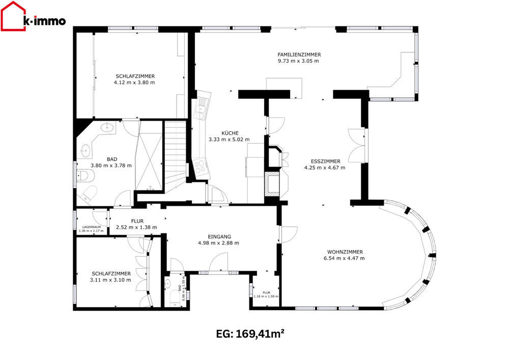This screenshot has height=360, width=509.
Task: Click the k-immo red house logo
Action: tap(13, 16)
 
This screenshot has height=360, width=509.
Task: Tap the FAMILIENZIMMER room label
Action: tap(299, 54)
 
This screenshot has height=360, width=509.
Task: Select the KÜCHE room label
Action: tap(230, 133)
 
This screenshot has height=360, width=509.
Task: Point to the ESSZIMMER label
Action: tap(326, 161)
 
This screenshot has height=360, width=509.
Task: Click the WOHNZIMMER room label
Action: tap(345, 252)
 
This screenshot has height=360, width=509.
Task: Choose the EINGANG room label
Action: tap(219, 237)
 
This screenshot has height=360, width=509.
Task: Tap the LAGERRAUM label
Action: tap(92, 227)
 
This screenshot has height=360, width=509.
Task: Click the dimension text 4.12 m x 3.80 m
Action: tap(134, 82)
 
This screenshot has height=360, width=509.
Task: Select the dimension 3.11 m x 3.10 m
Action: tap(110, 280)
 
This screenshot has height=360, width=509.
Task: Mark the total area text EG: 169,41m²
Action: tap(250, 334)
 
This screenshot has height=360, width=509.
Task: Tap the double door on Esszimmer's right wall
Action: tap(357, 146)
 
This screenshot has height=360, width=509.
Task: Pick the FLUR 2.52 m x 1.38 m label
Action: tap(136, 225)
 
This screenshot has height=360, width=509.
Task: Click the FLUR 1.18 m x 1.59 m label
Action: tap(266, 294)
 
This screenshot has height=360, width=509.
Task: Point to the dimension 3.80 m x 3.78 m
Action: tap(111, 165)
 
